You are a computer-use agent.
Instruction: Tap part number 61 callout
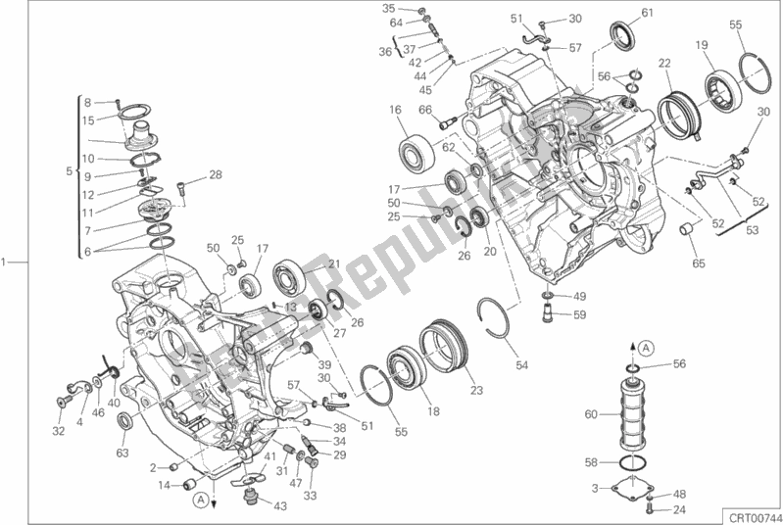(647, 12)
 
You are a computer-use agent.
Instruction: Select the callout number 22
(663, 64)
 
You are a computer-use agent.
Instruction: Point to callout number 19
(703, 45)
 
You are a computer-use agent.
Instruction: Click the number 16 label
(396, 110)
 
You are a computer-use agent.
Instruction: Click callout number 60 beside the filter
(590, 414)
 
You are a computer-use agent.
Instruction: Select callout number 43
(280, 505)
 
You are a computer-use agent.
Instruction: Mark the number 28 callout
(216, 175)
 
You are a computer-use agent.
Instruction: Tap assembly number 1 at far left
(6, 262)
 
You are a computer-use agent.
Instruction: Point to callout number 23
(476, 391)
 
